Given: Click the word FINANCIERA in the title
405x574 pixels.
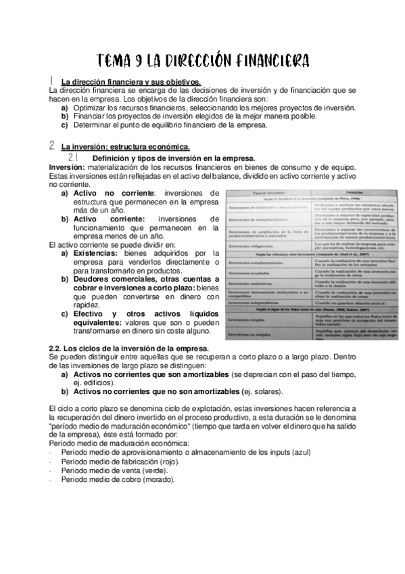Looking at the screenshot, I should pyautogui.click(x=270, y=62).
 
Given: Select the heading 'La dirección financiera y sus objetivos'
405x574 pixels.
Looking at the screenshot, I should pyautogui.click(x=130, y=83).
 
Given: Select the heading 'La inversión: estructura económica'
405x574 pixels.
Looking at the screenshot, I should pyautogui.click(x=125, y=146).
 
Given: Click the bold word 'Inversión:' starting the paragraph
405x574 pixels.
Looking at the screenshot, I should pyautogui.click(x=66, y=167).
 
